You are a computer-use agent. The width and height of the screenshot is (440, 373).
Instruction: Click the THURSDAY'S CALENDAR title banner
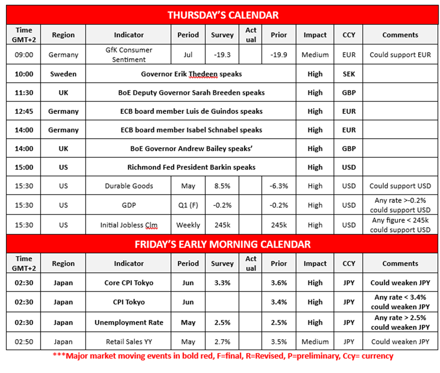223,15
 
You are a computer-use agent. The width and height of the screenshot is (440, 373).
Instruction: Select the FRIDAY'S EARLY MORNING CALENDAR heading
223,244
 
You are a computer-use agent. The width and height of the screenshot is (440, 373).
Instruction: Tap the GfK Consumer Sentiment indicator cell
128,55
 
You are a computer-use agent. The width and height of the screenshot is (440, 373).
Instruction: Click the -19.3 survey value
222,55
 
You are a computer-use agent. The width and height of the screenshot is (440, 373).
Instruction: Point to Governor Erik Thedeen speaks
191,74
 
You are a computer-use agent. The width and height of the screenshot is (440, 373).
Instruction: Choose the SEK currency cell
348,74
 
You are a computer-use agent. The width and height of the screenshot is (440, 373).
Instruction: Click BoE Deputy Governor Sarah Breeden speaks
191,92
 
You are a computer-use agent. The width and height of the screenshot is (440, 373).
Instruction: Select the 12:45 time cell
24,111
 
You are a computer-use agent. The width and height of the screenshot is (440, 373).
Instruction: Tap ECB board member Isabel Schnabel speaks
191,130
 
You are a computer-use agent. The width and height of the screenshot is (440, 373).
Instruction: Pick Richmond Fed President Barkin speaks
191,167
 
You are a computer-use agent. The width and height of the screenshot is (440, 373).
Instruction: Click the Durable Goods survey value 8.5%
222,186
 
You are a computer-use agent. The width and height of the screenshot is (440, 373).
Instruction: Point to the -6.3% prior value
278,186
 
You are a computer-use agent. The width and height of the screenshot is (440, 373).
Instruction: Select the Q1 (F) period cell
188,205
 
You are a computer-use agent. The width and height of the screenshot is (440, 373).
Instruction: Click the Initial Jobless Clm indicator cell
128,225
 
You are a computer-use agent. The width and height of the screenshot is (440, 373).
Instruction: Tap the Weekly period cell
188,225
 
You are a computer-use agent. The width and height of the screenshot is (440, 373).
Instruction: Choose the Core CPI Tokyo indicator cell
128,283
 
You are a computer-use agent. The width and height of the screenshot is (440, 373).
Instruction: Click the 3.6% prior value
278,283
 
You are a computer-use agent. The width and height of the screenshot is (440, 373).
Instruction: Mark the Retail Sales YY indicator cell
128,341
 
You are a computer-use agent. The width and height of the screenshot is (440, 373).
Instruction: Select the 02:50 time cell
24,341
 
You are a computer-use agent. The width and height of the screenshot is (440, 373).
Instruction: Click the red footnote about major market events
223,356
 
